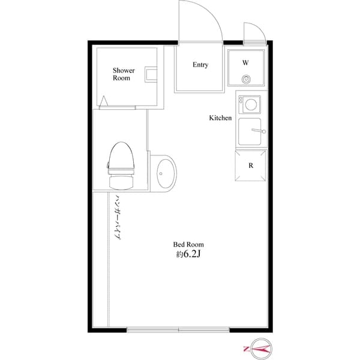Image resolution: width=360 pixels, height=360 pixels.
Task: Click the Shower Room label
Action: click(124, 74)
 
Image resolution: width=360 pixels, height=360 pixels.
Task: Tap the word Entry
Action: click(200, 65)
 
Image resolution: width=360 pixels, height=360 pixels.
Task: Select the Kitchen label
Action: click(220, 118)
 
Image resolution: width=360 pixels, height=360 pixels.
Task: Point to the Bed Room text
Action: click(188, 244)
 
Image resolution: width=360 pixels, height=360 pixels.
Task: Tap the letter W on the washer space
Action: click(245, 62)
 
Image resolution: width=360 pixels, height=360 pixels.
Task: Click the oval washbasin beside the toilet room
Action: click(162, 173)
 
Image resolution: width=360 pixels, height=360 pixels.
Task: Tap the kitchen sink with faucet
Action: click(252, 132)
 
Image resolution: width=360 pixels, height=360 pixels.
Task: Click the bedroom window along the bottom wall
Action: click(179, 329)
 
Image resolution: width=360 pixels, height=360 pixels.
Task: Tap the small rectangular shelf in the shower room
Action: click(151, 75)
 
